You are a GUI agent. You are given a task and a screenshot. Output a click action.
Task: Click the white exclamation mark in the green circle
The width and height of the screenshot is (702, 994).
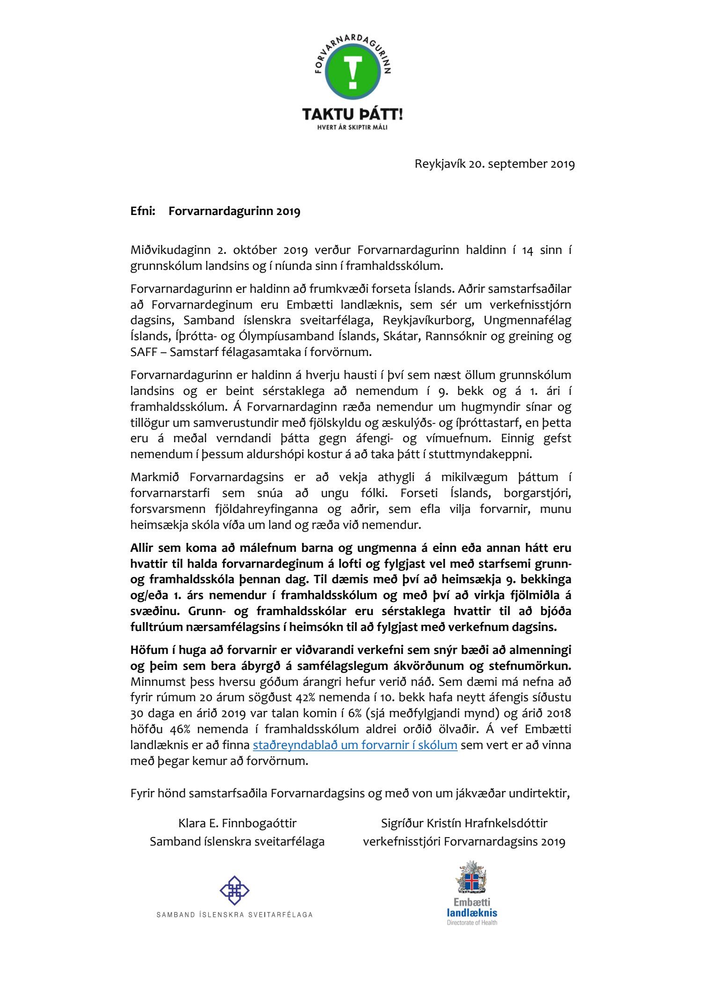tap(352, 72)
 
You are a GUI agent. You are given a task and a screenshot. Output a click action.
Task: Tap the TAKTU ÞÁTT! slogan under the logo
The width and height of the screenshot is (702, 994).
tap(352, 114)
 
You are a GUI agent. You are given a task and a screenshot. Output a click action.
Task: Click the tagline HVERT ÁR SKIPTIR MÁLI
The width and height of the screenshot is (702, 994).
tap(352, 127)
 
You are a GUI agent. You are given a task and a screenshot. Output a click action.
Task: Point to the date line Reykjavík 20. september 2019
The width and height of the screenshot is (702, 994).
tap(494, 164)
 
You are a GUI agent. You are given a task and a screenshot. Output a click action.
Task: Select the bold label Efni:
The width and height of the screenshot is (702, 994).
tap(143, 211)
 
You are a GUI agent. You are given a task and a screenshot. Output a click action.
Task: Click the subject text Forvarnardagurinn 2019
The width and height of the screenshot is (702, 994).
tap(234, 211)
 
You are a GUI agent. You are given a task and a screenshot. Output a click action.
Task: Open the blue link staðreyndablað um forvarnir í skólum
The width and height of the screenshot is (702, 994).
tap(355, 745)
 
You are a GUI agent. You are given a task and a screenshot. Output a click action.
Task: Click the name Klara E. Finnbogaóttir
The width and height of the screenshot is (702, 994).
tap(237, 823)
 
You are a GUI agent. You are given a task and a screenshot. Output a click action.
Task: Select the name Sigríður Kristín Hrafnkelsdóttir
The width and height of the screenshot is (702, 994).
tap(464, 823)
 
